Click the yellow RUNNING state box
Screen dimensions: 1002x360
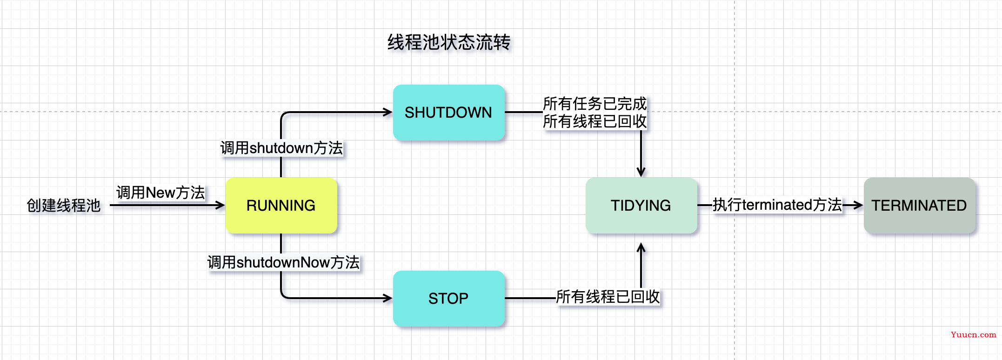tap(281, 205)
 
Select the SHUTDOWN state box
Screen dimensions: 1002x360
tap(448, 112)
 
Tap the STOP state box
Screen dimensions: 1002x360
tap(448, 298)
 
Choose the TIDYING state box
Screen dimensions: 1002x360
tap(641, 205)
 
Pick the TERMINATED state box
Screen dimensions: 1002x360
tap(919, 205)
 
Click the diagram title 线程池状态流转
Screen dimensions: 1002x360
tap(449, 42)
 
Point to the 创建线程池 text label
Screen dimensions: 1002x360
tap(64, 205)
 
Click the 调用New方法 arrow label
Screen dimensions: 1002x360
tap(160, 192)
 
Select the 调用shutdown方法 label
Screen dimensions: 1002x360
tap(281, 148)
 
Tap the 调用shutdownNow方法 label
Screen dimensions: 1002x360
tap(283, 262)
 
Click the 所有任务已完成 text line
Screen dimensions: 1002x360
tap(595, 103)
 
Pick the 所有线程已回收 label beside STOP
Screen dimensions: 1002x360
tap(608, 296)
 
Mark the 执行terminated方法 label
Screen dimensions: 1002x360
tap(777, 205)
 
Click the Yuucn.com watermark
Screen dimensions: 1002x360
tap(974, 334)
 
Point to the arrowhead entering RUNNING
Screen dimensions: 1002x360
tap(220, 205)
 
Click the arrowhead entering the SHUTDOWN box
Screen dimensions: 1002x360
tap(387, 112)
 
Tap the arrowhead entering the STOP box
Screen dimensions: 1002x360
tap(387, 298)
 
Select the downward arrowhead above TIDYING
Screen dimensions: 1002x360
tap(641, 172)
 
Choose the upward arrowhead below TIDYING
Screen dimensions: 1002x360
tap(641, 248)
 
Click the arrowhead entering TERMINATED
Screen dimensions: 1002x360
tap(858, 205)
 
